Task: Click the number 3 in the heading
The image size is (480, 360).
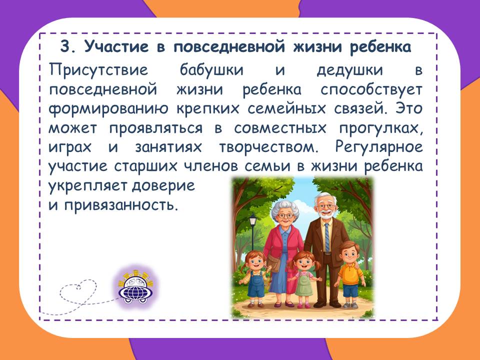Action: (65, 47)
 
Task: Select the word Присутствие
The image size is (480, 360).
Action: (98, 70)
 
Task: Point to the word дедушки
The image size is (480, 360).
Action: (350, 70)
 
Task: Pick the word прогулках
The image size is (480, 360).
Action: (381, 128)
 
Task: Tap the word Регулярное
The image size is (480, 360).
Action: (379, 147)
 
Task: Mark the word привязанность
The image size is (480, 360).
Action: (121, 205)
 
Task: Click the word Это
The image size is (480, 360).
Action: (408, 108)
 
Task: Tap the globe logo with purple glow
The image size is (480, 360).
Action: (135, 287)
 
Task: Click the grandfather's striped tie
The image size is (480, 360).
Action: (327, 237)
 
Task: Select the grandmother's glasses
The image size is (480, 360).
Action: (285, 216)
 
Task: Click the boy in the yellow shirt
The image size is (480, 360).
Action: (350, 274)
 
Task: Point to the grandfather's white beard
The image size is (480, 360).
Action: (325, 213)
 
